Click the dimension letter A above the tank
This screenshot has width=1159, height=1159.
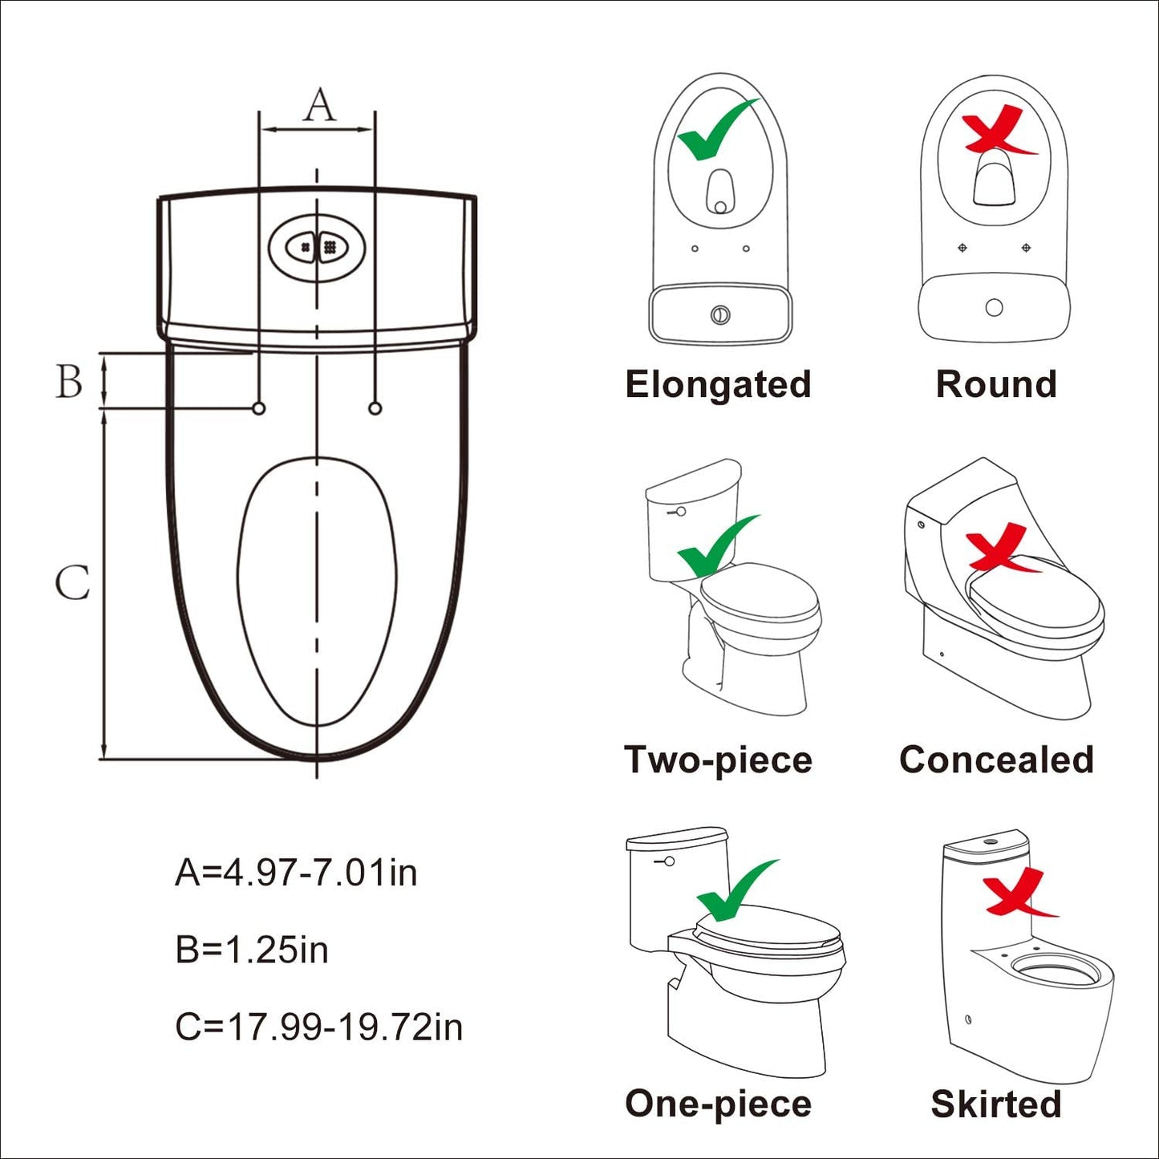point(319,105)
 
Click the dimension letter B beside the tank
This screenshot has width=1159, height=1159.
point(69,381)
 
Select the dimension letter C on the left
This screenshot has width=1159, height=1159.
point(72,582)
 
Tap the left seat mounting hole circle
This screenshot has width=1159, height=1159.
point(259,408)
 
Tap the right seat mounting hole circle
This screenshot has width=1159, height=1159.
point(375,408)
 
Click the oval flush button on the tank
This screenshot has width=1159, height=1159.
point(317,247)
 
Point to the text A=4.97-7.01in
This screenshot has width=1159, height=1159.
point(296,873)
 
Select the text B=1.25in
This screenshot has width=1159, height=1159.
point(252,950)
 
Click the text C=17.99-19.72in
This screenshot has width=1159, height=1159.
point(318,1027)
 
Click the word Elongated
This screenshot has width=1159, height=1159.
point(718,384)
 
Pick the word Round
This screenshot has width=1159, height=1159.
point(996,384)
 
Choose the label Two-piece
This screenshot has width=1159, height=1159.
point(718,760)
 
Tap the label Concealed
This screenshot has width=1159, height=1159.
point(996,760)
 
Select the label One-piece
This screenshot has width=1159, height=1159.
point(718,1104)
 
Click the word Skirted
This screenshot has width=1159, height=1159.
point(996,1104)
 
